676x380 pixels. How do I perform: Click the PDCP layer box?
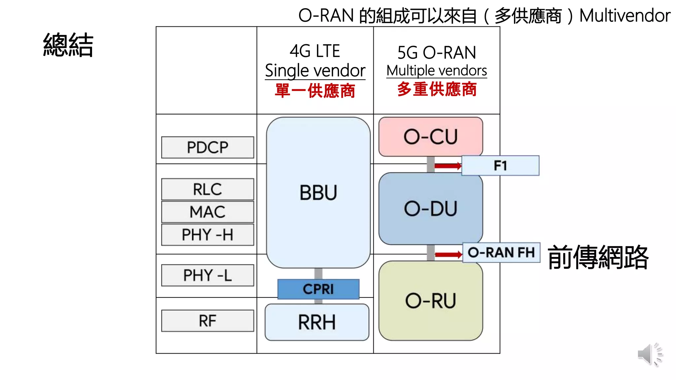208,147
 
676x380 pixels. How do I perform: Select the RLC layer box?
208,189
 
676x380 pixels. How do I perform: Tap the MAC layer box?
208,212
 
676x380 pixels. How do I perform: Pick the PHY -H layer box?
208,235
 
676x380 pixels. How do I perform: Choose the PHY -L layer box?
208,275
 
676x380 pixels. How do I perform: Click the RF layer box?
208,321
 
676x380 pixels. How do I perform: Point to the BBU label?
318,193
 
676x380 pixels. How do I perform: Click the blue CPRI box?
318,289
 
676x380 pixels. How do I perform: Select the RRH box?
317,322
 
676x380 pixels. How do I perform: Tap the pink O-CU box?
430,137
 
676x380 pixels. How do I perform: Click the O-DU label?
430,209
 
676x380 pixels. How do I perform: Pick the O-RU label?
430,301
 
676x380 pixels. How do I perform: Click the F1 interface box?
500,166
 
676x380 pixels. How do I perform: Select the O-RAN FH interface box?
501,253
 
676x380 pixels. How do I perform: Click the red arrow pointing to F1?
448,166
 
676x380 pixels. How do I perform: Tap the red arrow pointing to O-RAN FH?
449,255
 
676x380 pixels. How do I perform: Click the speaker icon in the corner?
649,354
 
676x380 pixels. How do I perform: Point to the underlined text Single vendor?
315,71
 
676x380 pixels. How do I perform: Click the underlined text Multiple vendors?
436,71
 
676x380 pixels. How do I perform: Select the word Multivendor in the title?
625,16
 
